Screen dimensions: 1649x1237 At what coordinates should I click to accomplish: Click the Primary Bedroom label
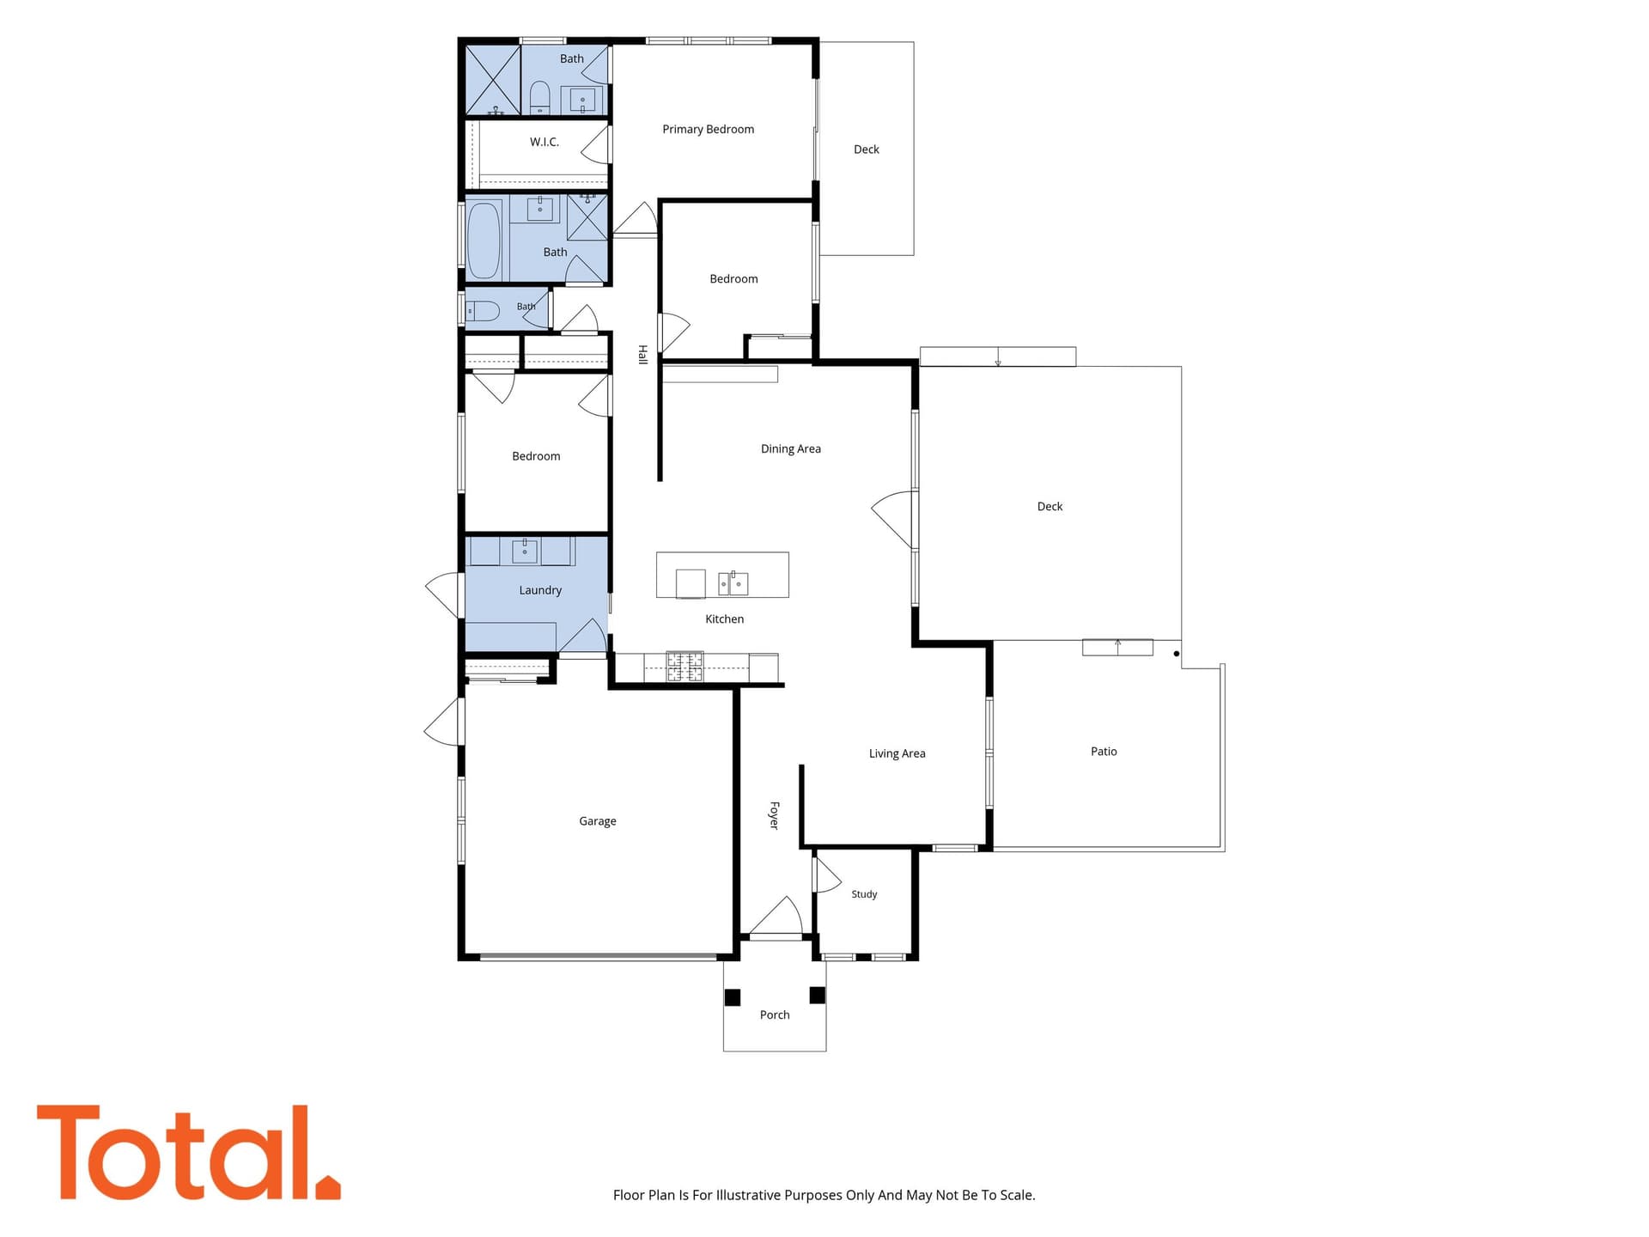pos(708,130)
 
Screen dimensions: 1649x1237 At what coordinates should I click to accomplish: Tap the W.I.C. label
pos(545,142)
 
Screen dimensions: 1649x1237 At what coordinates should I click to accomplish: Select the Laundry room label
pos(540,590)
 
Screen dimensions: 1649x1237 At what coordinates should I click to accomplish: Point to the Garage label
pos(598,821)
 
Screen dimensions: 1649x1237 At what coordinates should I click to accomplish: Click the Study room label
pos(864,894)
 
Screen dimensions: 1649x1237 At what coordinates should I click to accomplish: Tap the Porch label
pos(775,1015)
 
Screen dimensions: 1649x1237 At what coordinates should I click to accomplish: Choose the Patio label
pos(1104,752)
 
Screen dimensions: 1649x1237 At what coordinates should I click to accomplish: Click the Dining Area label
pos(791,449)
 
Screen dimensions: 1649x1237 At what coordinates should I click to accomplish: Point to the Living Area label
pos(897,754)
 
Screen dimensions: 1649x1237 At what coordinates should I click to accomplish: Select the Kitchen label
pos(724,619)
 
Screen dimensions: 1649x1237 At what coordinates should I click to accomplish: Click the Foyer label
pos(774,815)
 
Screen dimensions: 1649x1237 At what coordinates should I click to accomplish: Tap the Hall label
pos(642,355)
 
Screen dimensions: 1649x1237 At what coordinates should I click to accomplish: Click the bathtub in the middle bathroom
pos(484,241)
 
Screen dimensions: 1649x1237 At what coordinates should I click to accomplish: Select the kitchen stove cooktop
pos(685,667)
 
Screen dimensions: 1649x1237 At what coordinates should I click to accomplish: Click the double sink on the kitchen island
pos(733,583)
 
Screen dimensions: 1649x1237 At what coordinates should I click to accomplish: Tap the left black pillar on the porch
pos(733,997)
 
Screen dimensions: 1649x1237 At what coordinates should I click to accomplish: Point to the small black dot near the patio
pos(1177,654)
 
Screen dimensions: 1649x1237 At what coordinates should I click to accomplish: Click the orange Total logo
pos(188,1153)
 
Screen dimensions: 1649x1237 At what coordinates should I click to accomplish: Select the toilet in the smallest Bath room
pos(482,311)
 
